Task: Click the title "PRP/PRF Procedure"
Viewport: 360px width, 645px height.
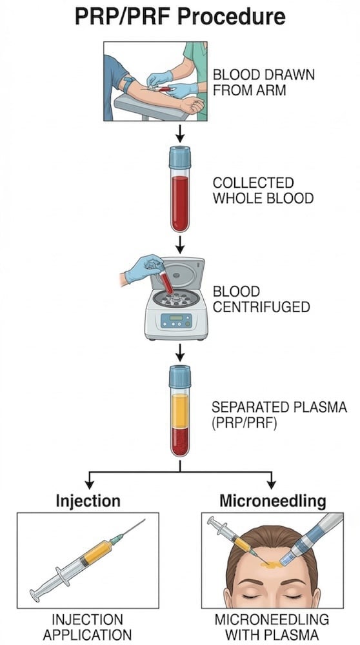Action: [180, 15]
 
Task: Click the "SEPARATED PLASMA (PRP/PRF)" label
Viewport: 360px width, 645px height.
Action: [269, 415]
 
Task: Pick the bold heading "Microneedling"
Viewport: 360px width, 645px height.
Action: [272, 500]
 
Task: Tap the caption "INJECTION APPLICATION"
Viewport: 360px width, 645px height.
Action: [87, 628]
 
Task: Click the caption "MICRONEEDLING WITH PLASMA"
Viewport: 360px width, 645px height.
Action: [272, 628]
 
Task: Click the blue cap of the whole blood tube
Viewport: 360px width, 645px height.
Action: [180, 157]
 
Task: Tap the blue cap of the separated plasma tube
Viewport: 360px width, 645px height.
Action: [180, 375]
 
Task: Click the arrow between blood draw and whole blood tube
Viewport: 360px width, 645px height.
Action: [180, 132]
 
